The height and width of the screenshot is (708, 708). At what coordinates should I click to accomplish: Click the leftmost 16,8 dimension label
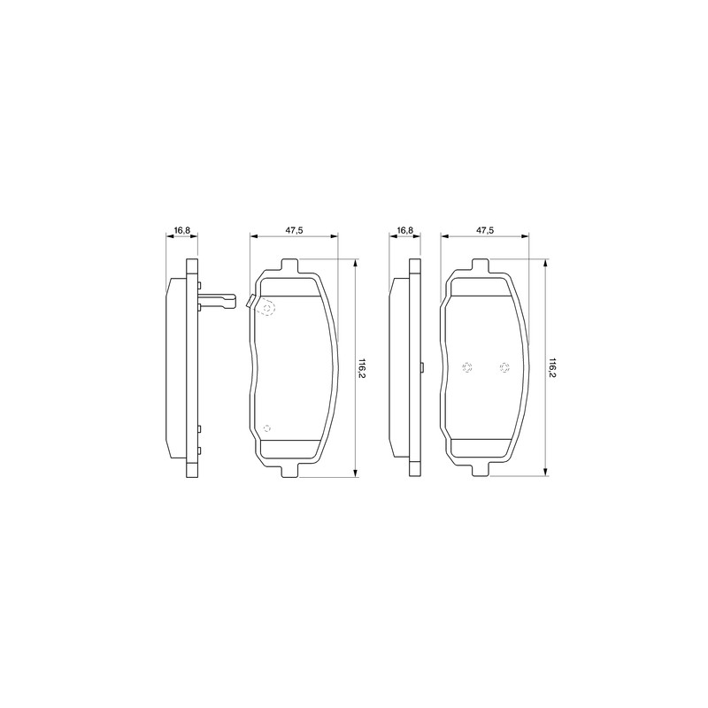pos(182,230)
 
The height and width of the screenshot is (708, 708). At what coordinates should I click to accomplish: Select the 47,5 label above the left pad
pos(294,230)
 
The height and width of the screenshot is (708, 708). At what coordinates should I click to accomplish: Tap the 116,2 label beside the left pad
pos(362,368)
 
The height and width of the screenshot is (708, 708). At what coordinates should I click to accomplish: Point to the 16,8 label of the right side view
pos(405,230)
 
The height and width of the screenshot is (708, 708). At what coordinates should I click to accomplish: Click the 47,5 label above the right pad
pos(484,230)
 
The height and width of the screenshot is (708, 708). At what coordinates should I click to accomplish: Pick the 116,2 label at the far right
pos(552,368)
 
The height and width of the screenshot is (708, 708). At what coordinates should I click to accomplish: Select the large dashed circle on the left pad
pos(267,308)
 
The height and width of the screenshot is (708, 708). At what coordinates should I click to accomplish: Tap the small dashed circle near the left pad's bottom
pos(267,428)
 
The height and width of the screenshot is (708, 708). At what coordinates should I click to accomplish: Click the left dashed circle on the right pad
pos(467,367)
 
